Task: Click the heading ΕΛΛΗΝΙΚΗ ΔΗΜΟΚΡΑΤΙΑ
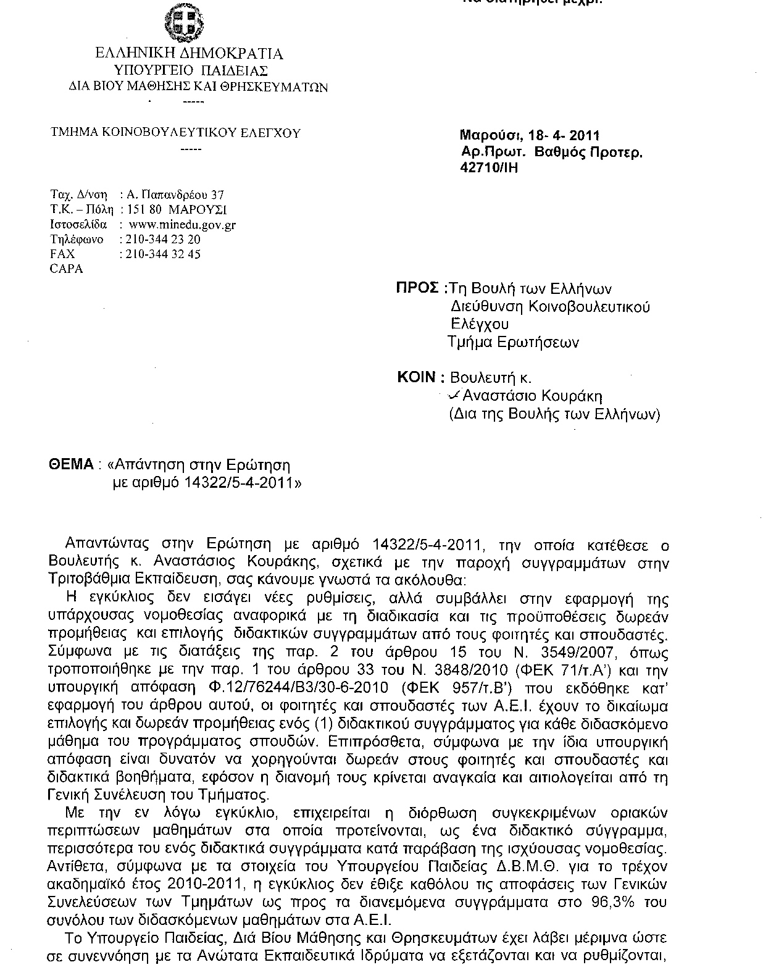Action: coord(189,54)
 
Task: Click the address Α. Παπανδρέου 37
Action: coord(175,195)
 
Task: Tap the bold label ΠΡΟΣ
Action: coord(417,288)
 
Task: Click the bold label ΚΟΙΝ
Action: coord(418,378)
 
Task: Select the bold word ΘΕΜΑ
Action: coord(70,464)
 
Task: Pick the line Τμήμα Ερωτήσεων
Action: coord(514,342)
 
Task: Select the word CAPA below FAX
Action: coord(66,269)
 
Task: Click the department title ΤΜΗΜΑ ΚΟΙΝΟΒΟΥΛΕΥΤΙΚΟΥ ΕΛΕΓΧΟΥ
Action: coord(176,133)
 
